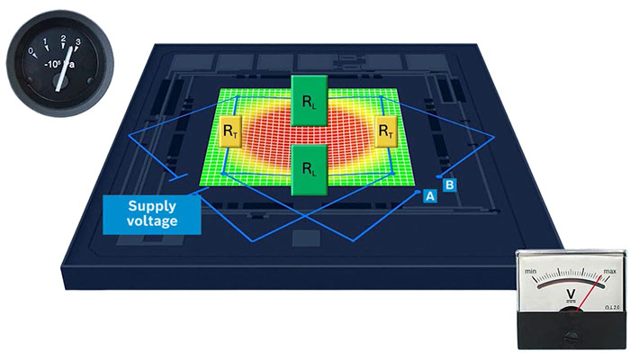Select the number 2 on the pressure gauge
pos(64,38)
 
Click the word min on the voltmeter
pos(530,270)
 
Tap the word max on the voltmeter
pos(609,271)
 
